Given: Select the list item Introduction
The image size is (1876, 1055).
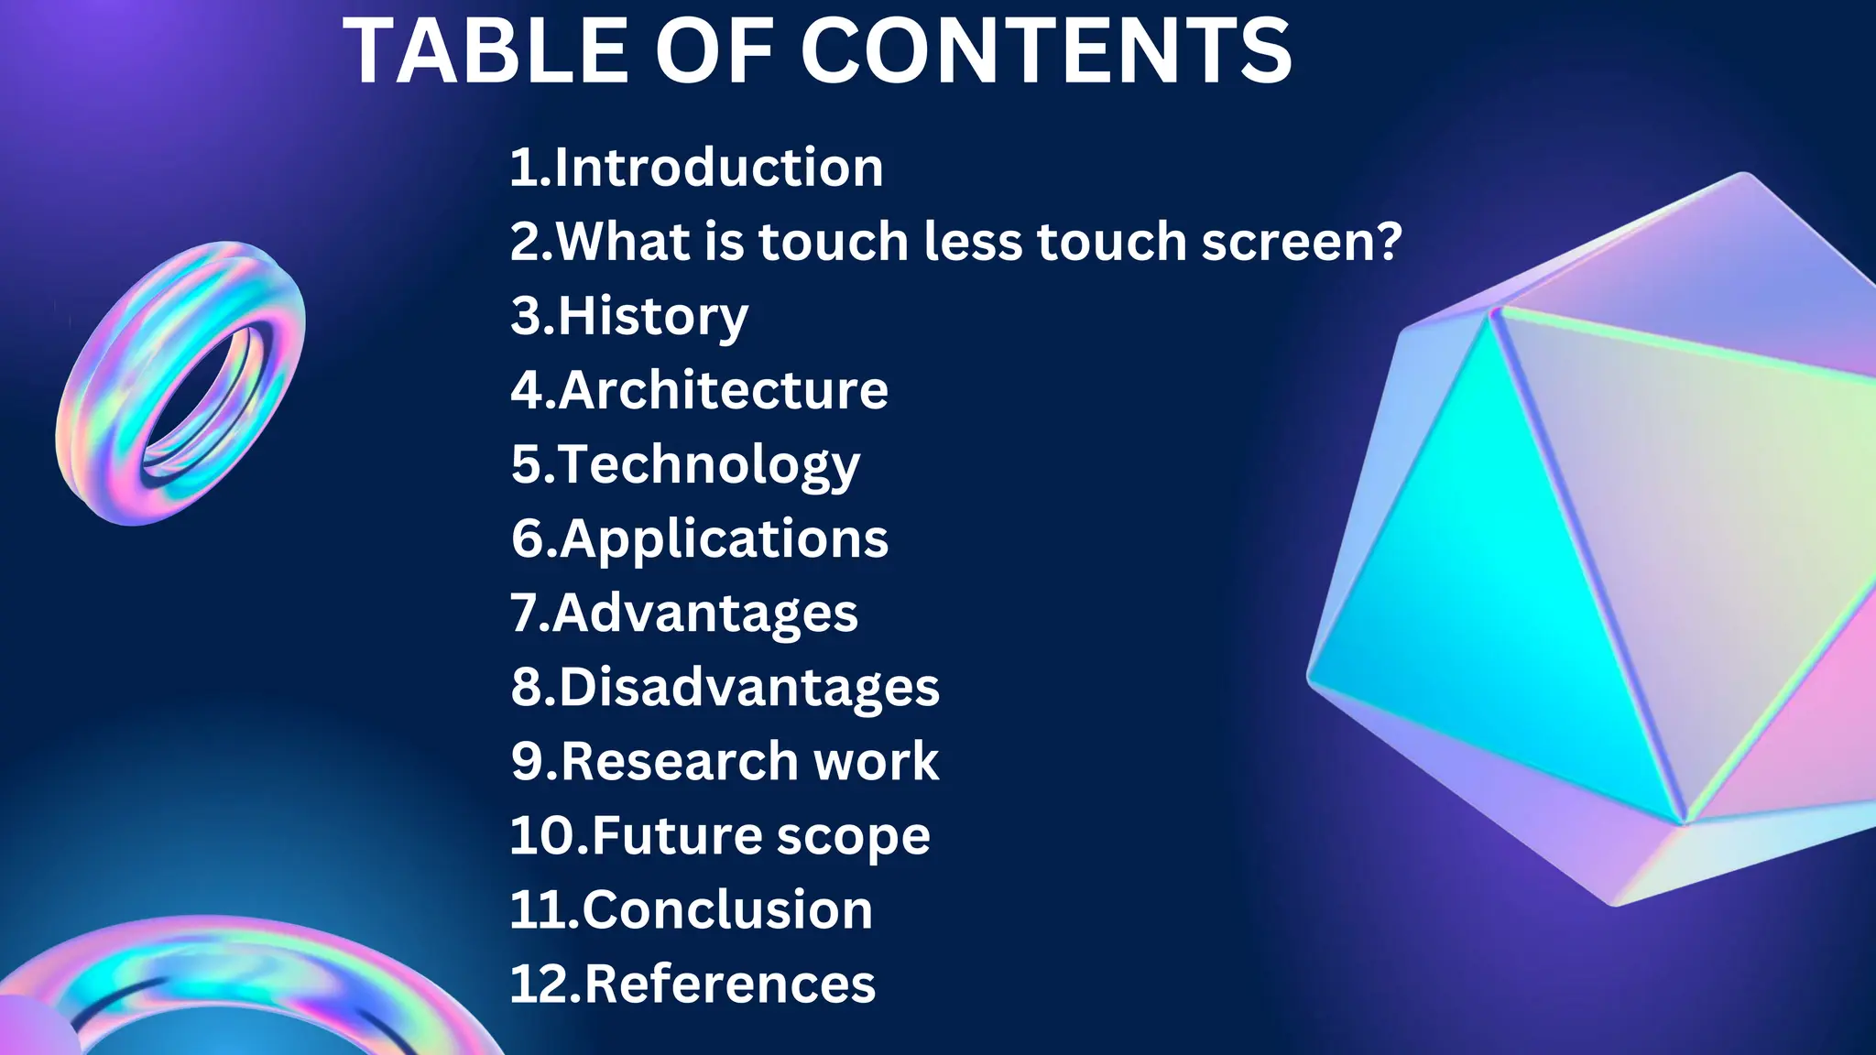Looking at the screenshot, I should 718,168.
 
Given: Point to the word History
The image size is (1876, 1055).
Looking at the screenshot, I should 652,316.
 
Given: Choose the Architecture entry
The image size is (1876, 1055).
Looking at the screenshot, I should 723,390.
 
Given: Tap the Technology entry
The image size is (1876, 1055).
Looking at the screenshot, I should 708,465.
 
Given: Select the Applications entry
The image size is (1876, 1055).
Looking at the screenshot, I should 724,538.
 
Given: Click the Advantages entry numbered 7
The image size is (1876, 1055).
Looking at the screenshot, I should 704,613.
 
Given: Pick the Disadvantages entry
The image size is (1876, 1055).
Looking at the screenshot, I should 748,687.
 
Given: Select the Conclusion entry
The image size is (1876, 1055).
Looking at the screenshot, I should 727,909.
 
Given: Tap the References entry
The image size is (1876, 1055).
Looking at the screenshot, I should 729,984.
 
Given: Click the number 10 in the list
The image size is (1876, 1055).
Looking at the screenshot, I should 543,835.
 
